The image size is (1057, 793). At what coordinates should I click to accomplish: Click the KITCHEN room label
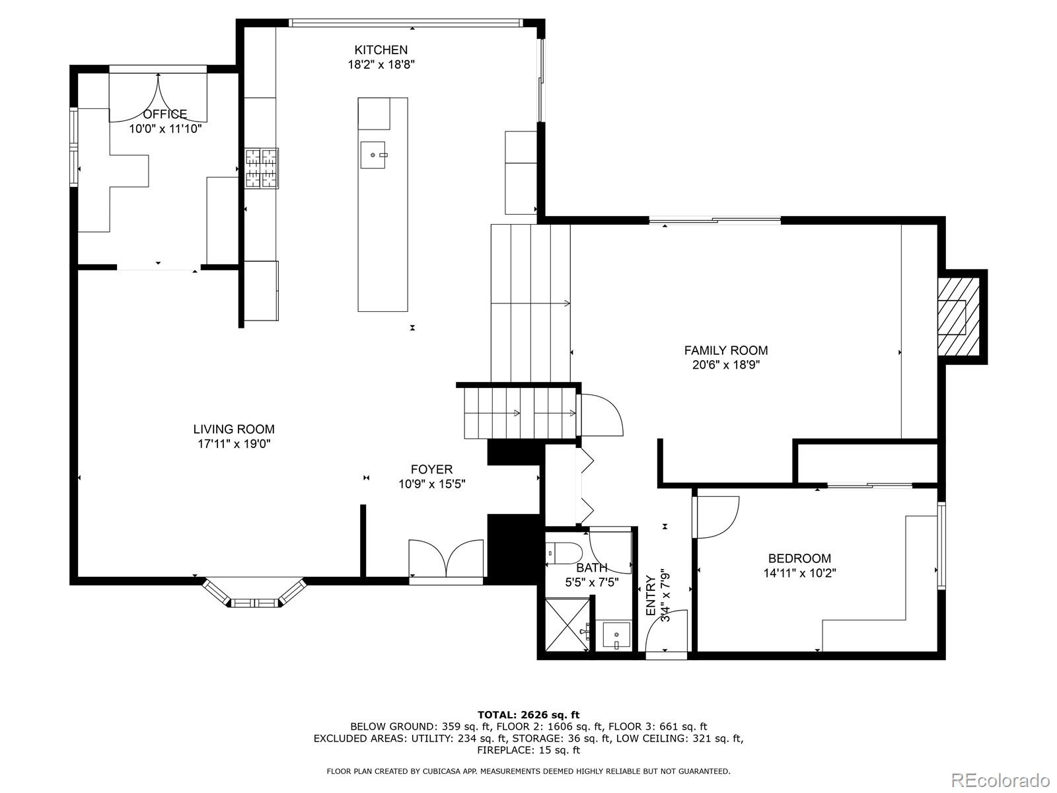click(381, 50)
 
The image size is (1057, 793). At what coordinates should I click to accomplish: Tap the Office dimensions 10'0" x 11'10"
click(164, 129)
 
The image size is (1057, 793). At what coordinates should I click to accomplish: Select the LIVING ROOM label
click(234, 430)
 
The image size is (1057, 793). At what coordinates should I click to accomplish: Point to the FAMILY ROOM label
click(725, 351)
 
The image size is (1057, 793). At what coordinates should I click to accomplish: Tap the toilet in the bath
click(564, 552)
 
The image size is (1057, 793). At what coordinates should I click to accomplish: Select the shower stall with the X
click(565, 624)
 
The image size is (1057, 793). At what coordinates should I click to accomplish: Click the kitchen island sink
click(373, 155)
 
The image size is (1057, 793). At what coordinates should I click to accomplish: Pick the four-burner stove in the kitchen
click(262, 169)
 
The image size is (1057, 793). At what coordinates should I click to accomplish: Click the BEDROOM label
click(799, 558)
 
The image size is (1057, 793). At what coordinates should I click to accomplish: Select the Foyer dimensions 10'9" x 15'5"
click(431, 484)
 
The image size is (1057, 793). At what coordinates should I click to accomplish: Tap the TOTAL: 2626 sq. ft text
click(528, 714)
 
